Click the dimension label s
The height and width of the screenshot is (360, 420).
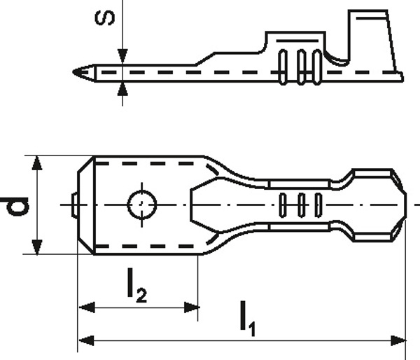coord(105,18)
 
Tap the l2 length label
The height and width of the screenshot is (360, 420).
coord(136,286)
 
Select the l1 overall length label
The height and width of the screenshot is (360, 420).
coord(248,318)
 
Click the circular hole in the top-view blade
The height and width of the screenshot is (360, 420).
coord(142,205)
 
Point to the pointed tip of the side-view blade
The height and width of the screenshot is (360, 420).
coord(73,72)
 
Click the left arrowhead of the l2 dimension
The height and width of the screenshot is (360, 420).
coord(87,307)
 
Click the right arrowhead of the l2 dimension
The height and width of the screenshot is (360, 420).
coord(192,307)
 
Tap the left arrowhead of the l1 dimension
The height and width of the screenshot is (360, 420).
coord(86,340)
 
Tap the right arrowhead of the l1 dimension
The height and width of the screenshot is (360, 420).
coord(398,340)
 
